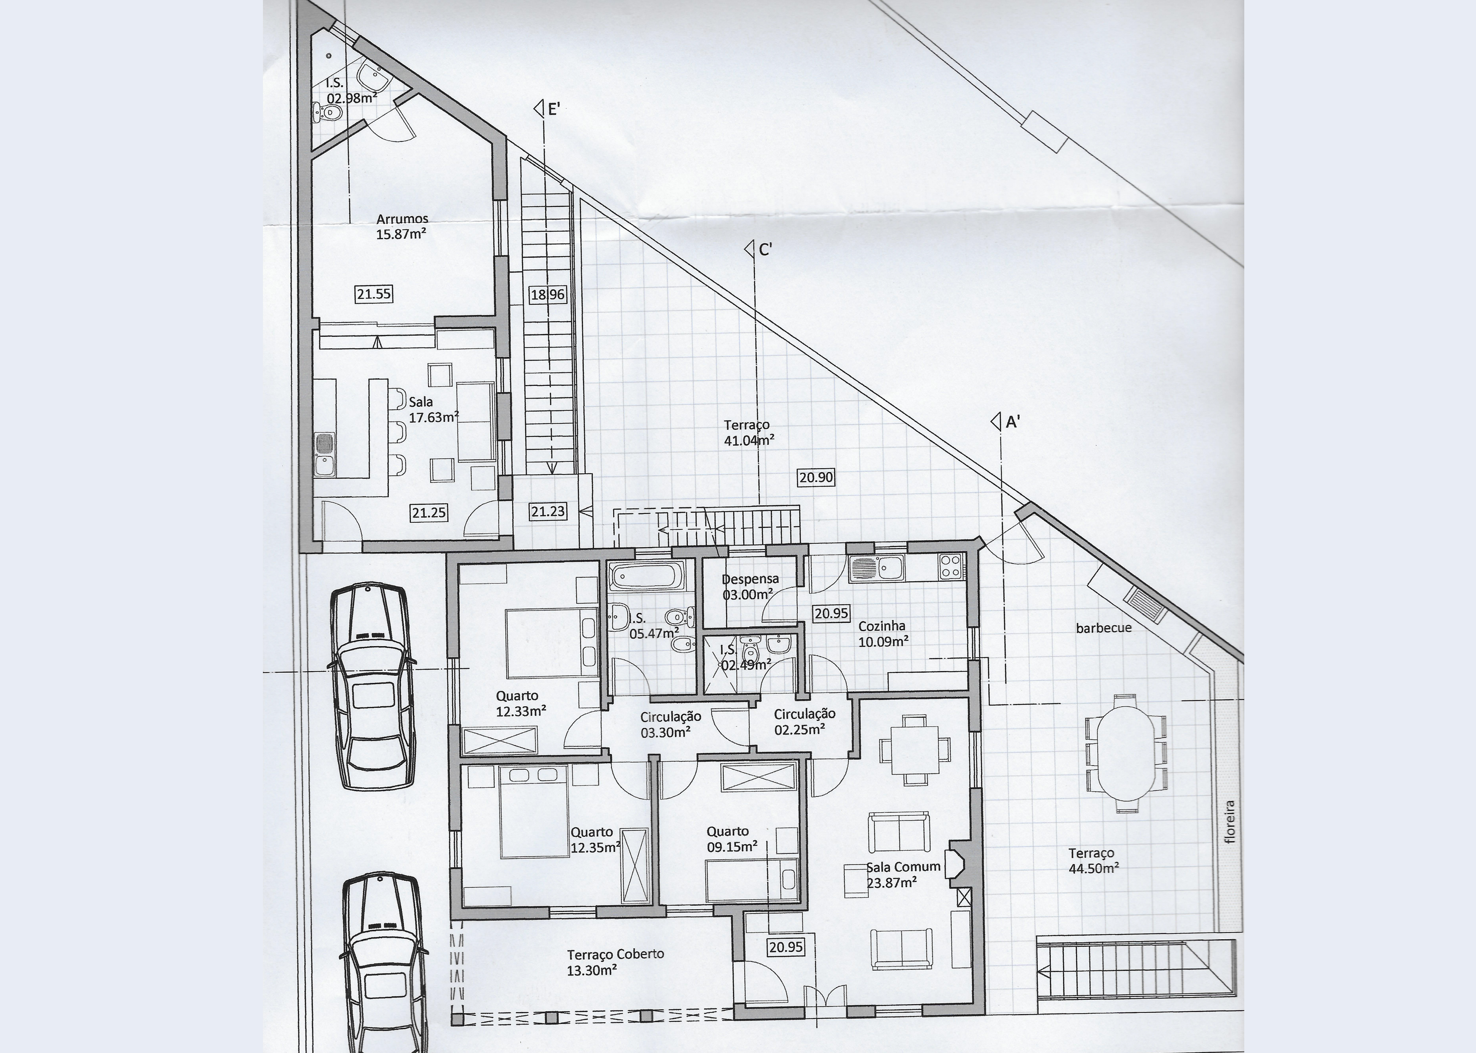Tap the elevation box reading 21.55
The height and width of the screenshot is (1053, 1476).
coord(374,294)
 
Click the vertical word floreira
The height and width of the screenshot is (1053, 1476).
coord(1230,822)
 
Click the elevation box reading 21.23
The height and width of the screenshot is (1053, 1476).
coord(548,512)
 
